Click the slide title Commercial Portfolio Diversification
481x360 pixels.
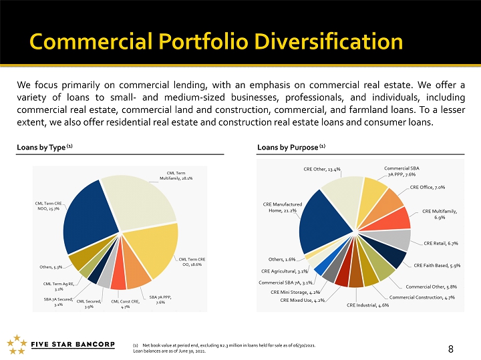(216, 42)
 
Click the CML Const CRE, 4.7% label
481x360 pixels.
(125, 304)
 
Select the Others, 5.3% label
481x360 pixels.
(50, 266)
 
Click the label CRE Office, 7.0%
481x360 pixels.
(428, 187)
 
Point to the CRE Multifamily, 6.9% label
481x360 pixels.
(440, 214)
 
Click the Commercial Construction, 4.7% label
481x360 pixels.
(422, 297)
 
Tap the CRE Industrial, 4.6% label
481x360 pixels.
(367, 305)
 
